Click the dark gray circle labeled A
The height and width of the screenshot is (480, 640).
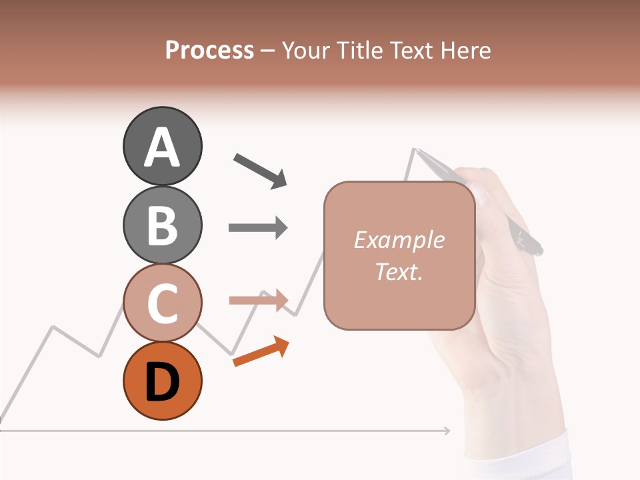[162, 146]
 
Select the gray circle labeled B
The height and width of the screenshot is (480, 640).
[162, 225]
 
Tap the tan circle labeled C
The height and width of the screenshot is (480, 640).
[162, 303]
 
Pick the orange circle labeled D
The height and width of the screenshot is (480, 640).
[162, 381]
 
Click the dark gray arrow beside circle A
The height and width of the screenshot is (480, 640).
[261, 170]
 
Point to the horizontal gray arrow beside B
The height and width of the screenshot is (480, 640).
[258, 228]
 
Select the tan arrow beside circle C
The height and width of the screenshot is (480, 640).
[258, 301]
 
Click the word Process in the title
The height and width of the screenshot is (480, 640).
[209, 50]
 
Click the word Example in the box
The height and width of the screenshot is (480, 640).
[399, 240]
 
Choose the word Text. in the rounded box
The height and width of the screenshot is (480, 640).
[399, 271]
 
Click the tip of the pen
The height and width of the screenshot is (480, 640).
[416, 149]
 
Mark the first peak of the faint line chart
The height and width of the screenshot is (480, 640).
[53, 327]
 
